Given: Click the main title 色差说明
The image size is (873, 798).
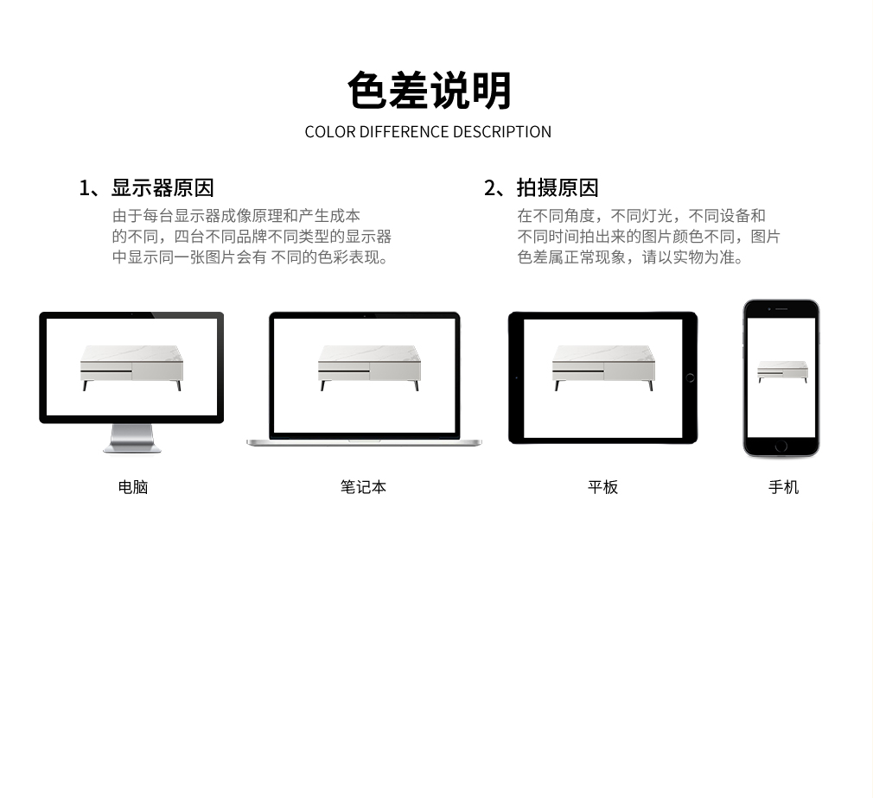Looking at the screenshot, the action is coord(429,90).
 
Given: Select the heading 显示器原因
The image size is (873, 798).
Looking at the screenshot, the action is coord(162,188).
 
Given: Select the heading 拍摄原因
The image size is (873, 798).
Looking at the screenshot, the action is coord(558,188).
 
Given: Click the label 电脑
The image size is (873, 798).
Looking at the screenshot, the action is coord(133,487).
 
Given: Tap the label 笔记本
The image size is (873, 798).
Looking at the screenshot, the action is coord(363,487).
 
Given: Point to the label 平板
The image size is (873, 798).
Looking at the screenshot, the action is coord(603,487).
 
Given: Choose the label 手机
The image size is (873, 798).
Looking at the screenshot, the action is coord(783,487).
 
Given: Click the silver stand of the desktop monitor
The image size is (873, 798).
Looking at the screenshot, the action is coord(132,439).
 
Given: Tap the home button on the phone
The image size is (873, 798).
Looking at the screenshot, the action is coord(781,446).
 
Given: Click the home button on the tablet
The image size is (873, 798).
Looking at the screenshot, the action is coord(690,378).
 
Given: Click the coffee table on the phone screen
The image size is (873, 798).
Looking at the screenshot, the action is coord(782,371).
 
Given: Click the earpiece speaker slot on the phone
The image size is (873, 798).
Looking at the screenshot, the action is coord(781,309).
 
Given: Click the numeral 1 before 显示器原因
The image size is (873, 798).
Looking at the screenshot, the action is coord(84,188).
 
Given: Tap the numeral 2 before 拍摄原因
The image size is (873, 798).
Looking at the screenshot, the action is coord(490,188).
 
